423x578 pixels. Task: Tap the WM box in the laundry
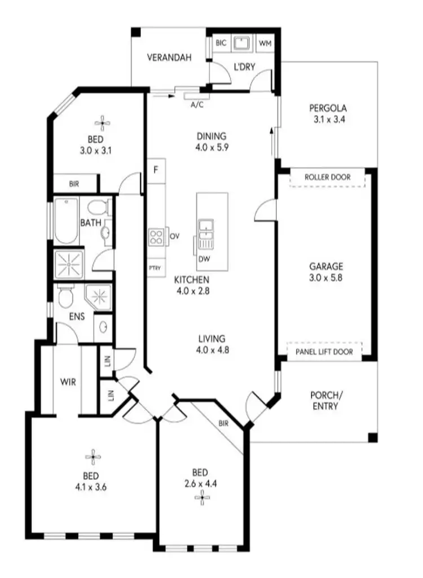pos(265,43)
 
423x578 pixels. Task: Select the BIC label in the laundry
pos(221,43)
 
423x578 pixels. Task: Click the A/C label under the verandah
pos(197,105)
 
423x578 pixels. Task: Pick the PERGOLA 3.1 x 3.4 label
pos(327,113)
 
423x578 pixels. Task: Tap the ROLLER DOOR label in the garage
pos(327,177)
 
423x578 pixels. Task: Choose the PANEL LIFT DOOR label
pos(324,352)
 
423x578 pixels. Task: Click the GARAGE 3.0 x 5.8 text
pos(326,272)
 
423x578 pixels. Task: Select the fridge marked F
pos(156,170)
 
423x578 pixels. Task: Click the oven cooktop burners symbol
pos(156,237)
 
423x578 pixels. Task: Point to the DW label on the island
pos(204,259)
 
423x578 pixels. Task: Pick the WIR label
pos(68,382)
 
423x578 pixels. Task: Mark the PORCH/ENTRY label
pos(324,400)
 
